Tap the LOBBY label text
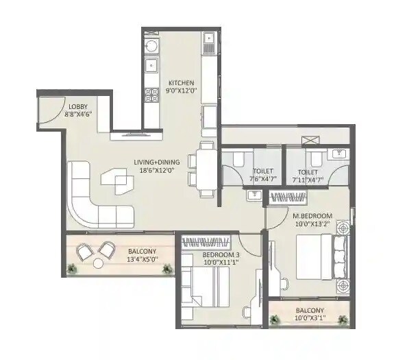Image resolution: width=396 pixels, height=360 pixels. pos(77,106)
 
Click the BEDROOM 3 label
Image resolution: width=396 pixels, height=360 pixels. pos(221,254)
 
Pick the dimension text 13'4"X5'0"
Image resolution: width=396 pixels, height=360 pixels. pos(142,260)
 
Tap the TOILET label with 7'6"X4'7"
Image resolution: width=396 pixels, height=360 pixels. pos(262,171)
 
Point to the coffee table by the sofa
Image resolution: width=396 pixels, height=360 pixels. pos(117,180)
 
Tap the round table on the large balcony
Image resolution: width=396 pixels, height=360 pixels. pos(99,263)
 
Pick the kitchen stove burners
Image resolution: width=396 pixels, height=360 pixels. pos(151,95)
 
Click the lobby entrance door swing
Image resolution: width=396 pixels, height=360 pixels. pos(47,110)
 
